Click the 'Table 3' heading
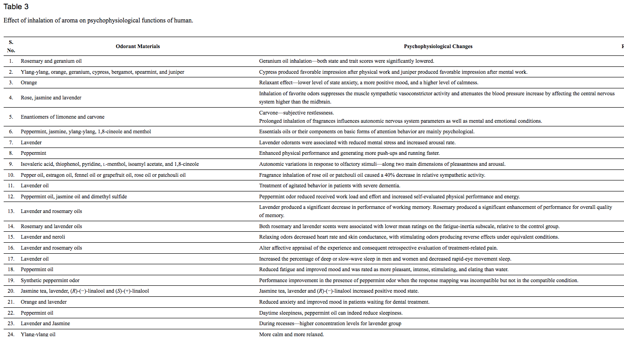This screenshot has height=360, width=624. [x=16, y=7]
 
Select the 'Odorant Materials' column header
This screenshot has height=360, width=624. [x=138, y=47]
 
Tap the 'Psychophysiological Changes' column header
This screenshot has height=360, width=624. [x=438, y=47]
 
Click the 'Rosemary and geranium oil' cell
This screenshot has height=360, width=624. [x=51, y=61]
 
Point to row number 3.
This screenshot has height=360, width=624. [x=11, y=83]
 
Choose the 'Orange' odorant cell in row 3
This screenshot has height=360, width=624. [x=29, y=83]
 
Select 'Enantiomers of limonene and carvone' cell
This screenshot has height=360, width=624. [x=62, y=117]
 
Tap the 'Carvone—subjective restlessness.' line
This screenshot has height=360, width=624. [x=296, y=113]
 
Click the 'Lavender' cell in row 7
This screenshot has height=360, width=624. [x=31, y=142]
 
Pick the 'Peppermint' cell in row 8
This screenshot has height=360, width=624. [x=33, y=153]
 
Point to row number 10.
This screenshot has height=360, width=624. [x=11, y=175]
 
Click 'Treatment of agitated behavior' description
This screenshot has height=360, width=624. [x=329, y=186]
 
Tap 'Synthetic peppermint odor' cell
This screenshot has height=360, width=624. [x=50, y=280]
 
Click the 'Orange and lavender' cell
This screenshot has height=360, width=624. [x=44, y=302]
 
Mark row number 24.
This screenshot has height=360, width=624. [x=11, y=334]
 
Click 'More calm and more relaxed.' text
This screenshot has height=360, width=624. [x=291, y=334]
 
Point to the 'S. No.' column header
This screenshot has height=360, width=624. [x=11, y=46]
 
